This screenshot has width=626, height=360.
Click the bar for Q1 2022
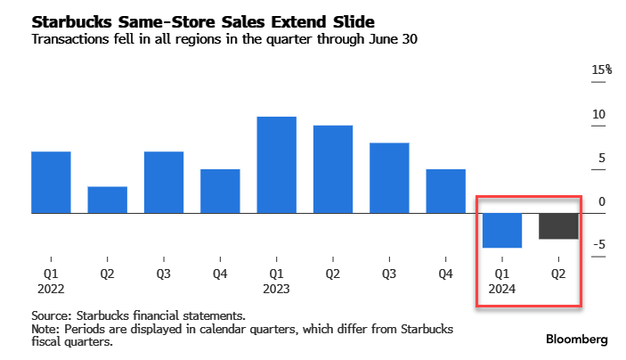[51, 183]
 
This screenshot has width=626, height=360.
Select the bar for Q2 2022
[107, 200]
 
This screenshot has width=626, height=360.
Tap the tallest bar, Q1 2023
[276, 165]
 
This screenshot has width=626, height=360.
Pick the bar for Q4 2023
[445, 191]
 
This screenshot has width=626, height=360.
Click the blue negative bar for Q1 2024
[501, 230]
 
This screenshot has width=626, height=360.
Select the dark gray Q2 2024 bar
[558, 226]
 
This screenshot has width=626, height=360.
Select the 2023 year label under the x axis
[276, 289]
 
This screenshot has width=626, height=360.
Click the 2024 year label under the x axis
[501, 289]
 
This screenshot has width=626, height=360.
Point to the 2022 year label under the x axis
[51, 289]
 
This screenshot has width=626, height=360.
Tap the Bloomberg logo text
[577, 340]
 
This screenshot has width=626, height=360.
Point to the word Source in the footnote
[51, 316]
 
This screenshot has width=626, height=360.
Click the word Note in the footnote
[45, 329]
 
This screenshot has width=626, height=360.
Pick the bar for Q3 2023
[389, 178]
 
